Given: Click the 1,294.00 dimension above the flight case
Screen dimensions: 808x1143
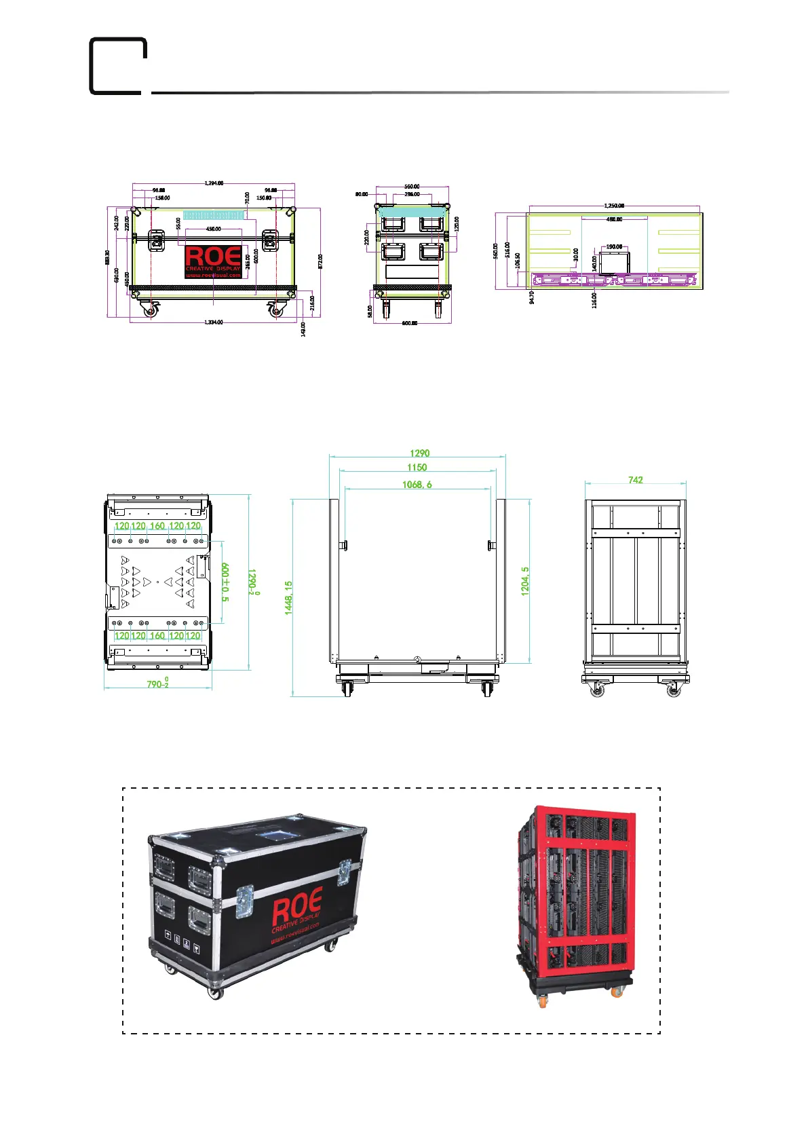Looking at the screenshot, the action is (x=214, y=183).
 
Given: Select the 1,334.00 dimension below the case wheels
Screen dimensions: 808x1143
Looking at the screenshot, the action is (x=214, y=322).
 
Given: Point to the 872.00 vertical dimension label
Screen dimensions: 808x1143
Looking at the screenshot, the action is (x=321, y=261).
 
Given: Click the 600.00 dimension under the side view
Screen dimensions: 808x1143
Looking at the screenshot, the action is (x=410, y=323).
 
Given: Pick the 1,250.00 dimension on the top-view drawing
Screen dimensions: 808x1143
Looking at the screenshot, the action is (x=614, y=205).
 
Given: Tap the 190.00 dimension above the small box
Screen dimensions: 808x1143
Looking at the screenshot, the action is (x=614, y=247).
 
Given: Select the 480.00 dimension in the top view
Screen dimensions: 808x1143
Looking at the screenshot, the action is (x=614, y=219).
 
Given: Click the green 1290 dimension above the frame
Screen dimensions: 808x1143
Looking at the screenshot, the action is (x=419, y=453).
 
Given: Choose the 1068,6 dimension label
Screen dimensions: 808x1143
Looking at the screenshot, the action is (x=417, y=485).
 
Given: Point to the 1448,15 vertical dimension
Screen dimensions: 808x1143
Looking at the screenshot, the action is (x=288, y=598).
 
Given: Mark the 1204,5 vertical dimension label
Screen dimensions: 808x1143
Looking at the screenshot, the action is (x=525, y=582).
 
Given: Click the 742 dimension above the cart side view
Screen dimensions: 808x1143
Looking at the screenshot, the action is (x=635, y=480).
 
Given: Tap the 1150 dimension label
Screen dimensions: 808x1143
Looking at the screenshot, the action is (x=417, y=468).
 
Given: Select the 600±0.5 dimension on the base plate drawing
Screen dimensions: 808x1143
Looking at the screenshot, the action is (x=226, y=582).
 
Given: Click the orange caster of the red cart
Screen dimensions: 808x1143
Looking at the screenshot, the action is (x=617, y=992).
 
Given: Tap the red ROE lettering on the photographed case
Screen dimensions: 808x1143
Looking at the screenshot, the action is (x=296, y=907).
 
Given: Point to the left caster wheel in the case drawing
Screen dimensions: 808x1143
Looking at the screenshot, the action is (x=151, y=310).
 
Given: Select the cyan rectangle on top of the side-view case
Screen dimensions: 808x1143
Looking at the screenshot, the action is (x=412, y=211).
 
